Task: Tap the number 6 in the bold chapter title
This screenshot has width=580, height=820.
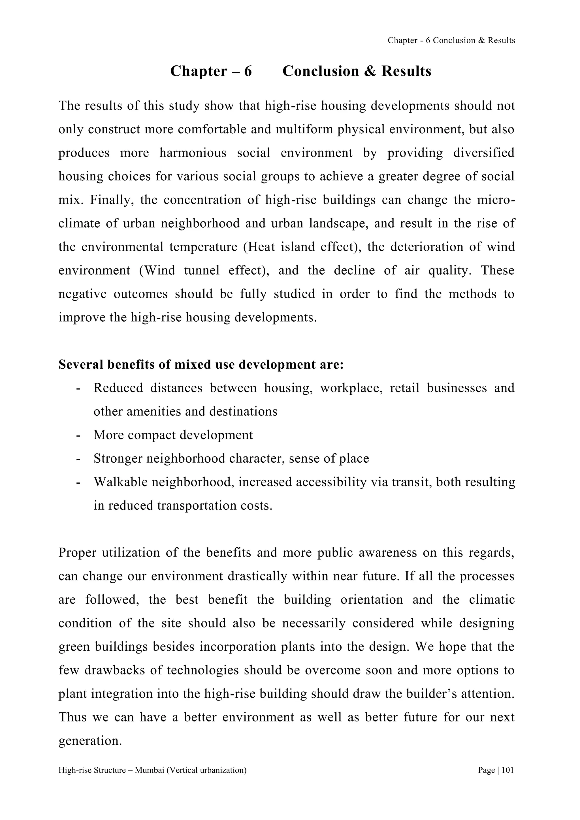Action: point(248,71)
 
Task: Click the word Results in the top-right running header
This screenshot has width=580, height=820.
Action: point(502,40)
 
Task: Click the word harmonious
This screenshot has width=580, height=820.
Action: point(193,153)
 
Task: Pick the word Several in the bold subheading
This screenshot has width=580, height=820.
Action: point(81,365)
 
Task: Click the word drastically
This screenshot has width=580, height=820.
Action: point(257,576)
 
